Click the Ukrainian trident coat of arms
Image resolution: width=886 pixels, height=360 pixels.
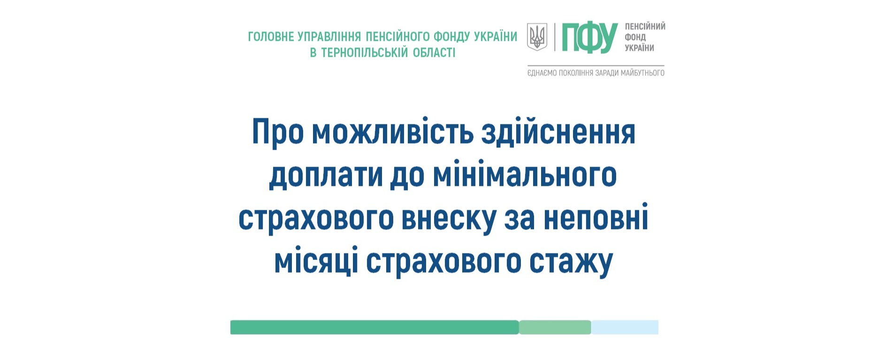[537, 37]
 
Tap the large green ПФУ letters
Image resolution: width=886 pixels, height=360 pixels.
[590, 38]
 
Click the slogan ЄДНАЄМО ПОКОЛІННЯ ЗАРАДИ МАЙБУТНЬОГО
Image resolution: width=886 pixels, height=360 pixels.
[596, 73]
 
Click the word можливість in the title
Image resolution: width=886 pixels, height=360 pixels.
[393, 132]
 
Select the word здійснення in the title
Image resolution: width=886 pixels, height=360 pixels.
[558, 133]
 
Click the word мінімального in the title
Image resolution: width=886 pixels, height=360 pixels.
[524, 175]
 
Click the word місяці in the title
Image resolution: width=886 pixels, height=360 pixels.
[316, 261]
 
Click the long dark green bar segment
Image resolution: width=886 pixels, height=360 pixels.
[374, 327]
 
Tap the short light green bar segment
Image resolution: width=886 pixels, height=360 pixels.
[555, 327]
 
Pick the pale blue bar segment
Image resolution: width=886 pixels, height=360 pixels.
[625, 327]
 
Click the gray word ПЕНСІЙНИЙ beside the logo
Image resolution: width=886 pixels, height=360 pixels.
[645, 26]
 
